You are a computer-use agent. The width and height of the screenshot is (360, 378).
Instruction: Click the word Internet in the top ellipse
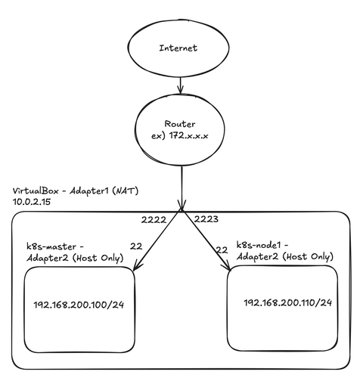coord(178,48)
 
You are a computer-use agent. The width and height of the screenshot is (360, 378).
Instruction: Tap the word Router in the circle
coord(180,124)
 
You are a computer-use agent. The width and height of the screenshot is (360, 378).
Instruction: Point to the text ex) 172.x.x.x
coord(180,136)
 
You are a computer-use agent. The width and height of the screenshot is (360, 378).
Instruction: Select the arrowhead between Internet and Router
coord(180,89)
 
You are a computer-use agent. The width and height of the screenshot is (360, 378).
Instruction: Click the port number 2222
coord(154,220)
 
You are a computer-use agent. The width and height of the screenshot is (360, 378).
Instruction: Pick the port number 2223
coord(206,219)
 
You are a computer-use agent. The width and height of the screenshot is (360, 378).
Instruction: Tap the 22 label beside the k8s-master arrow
coord(136,246)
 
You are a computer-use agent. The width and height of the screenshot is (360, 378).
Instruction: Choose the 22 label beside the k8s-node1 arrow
coord(222,250)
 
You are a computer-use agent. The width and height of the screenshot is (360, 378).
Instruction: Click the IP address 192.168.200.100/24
coord(79,305)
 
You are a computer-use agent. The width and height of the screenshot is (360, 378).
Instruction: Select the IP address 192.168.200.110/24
coord(288,302)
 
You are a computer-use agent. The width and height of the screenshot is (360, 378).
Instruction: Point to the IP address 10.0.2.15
coord(32,202)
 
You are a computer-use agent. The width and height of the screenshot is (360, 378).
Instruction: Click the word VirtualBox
coord(36,191)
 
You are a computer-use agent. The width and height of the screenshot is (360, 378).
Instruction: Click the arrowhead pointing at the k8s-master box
coord(138,266)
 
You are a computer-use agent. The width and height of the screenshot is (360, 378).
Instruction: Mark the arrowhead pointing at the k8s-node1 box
coord(227,266)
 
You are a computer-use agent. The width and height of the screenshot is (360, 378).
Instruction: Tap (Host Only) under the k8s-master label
coord(98,258)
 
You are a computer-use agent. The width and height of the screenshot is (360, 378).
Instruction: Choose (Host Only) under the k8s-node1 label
coord(308,256)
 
